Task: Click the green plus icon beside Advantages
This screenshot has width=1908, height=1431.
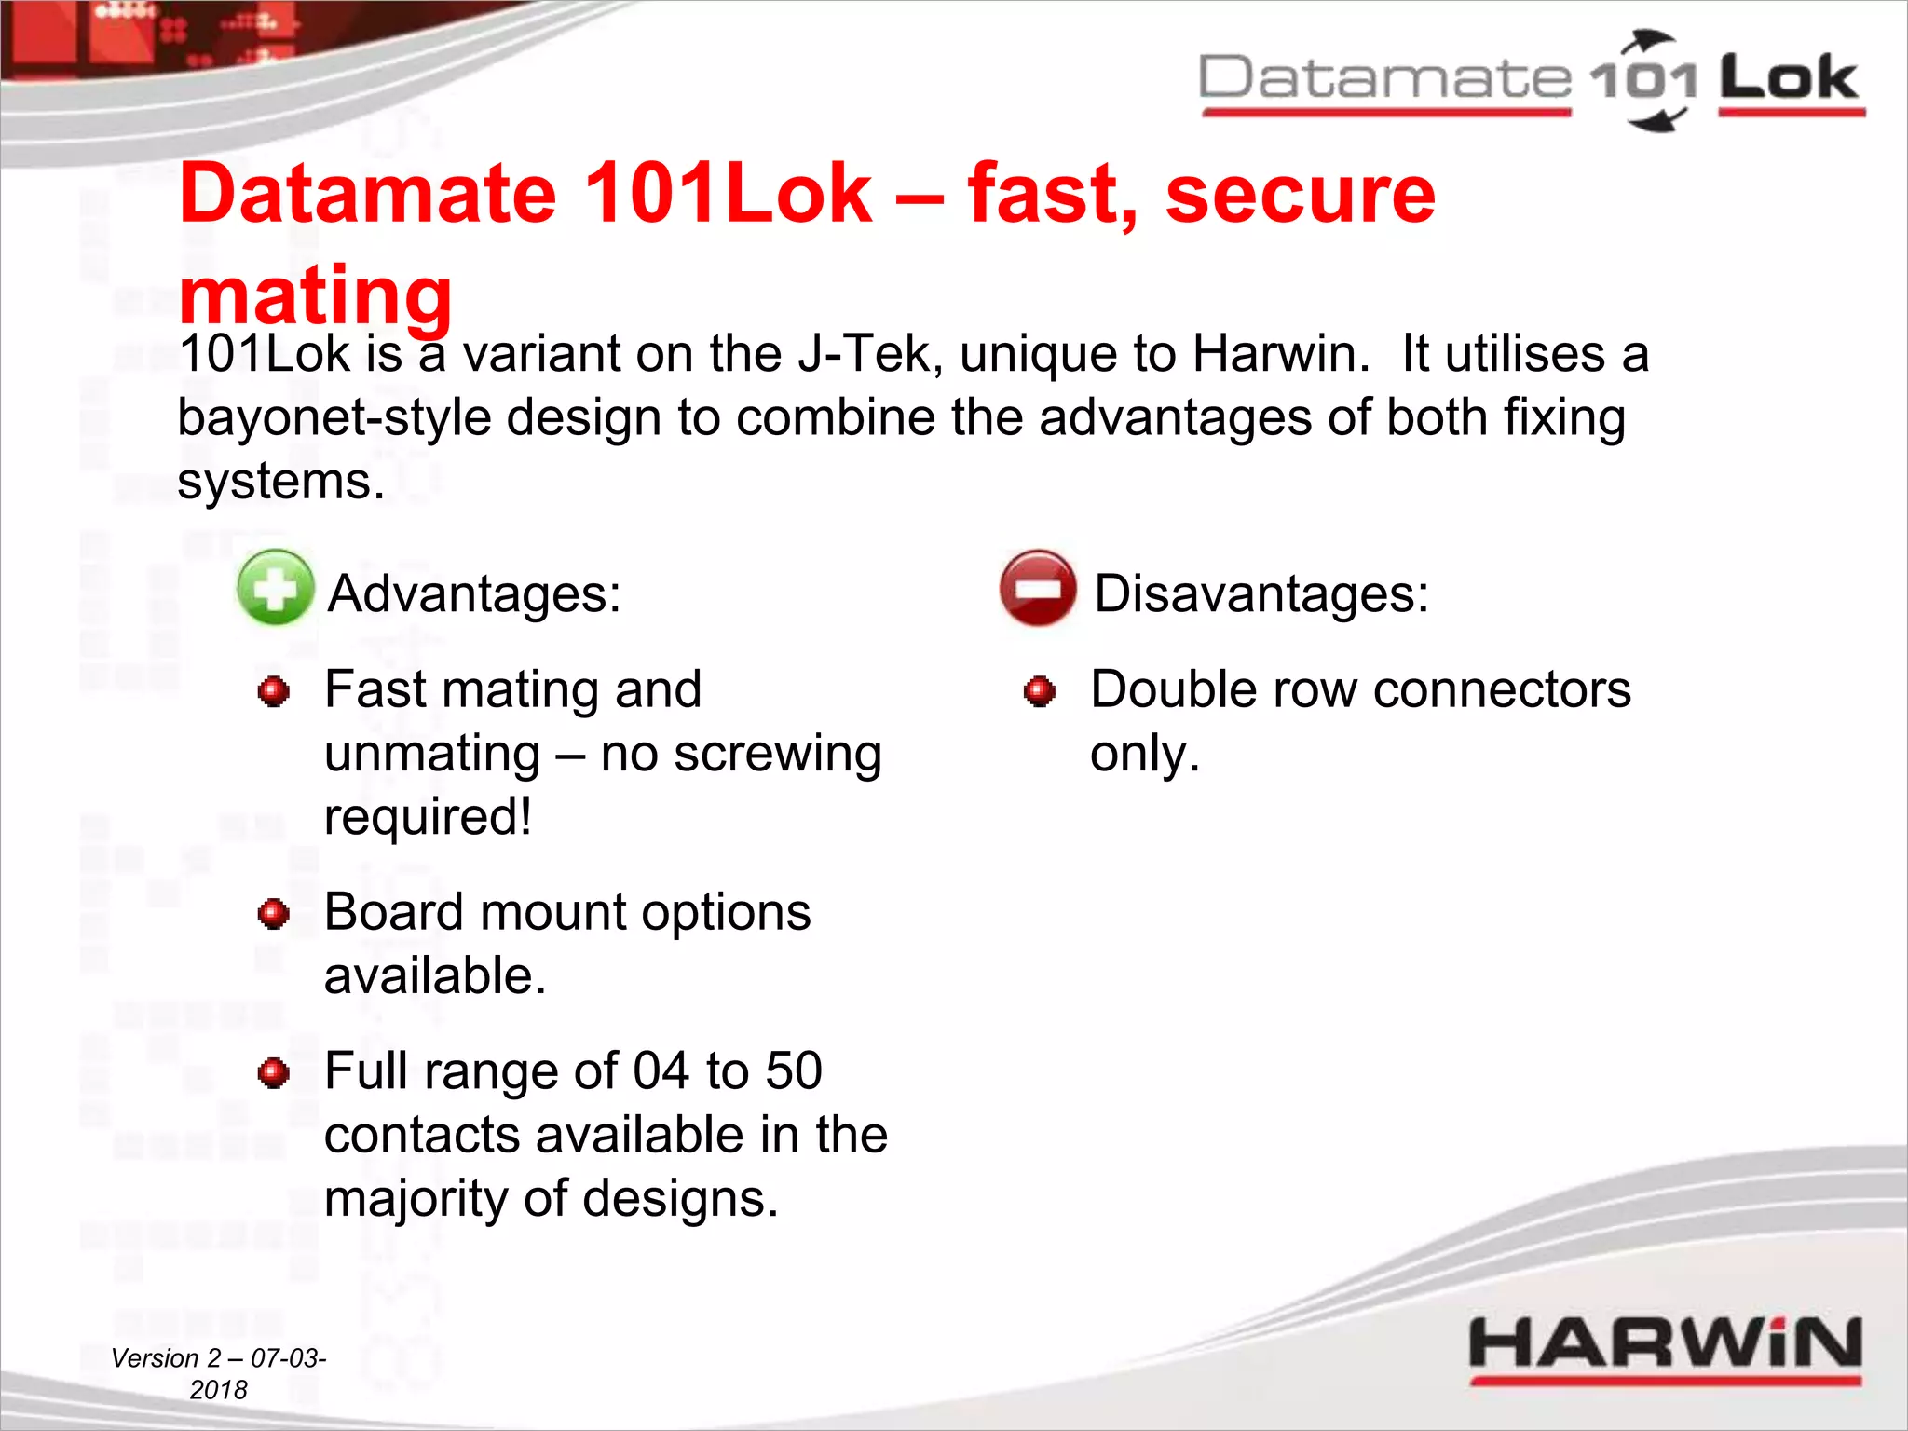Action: [275, 588]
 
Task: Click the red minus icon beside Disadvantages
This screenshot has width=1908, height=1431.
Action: [1038, 588]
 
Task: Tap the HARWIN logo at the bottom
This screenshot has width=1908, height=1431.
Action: [1665, 1345]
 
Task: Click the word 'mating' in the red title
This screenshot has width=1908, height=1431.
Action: [315, 294]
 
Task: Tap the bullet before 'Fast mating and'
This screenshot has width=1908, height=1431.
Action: [274, 692]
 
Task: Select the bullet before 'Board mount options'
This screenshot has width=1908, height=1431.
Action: [274, 914]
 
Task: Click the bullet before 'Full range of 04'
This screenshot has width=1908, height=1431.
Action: [274, 1073]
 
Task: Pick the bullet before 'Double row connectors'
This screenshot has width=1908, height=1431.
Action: [1039, 692]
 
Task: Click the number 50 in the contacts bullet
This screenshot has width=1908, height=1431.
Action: [793, 1070]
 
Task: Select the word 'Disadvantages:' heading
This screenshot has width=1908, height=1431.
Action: [1261, 593]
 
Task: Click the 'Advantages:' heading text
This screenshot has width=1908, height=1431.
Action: [475, 593]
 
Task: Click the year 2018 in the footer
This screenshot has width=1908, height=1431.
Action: [219, 1390]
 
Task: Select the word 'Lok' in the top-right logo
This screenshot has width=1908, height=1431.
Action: [1789, 78]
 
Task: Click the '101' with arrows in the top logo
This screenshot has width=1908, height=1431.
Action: [1644, 80]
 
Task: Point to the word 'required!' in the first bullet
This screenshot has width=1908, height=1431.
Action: [428, 817]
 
